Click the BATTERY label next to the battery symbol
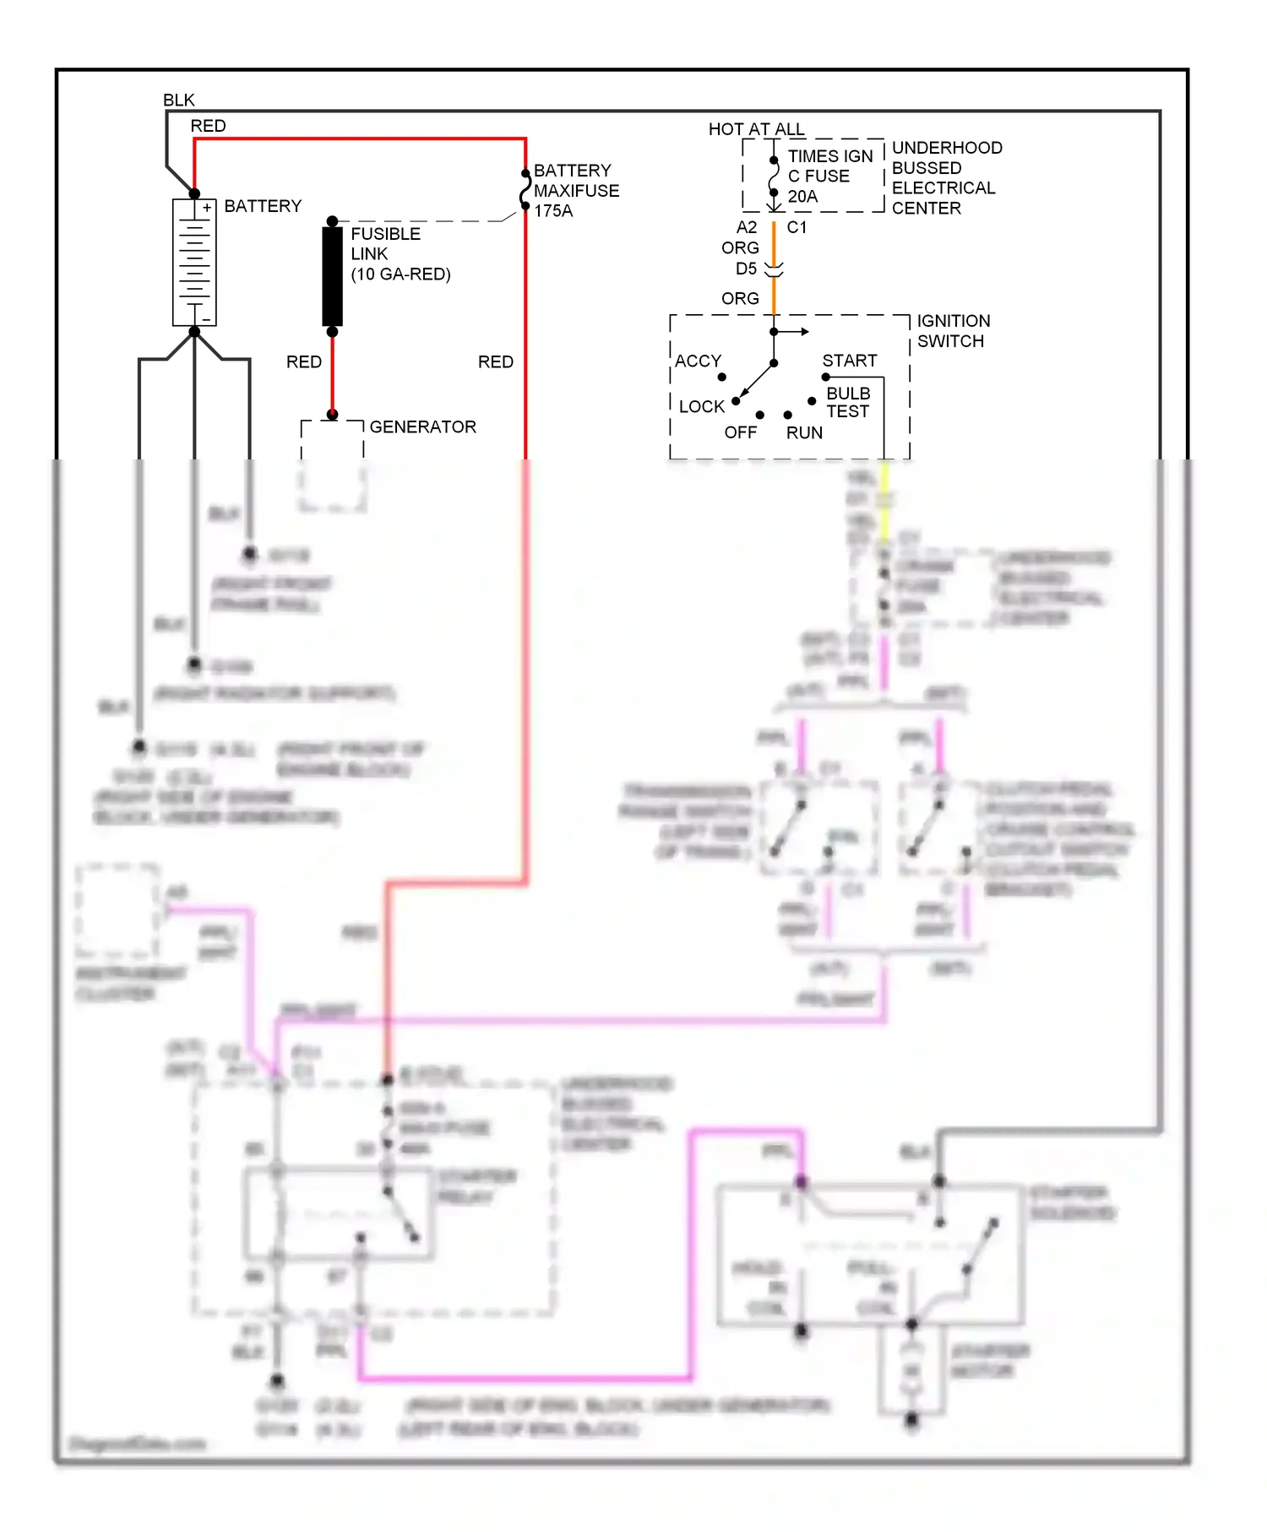(x=262, y=206)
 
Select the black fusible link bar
(x=332, y=275)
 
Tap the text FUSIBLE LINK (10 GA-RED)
(x=400, y=253)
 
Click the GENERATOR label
(x=422, y=426)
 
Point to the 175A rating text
(x=553, y=211)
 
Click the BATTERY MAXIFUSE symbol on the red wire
(x=525, y=190)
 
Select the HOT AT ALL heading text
(x=756, y=129)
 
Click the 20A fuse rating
(x=802, y=197)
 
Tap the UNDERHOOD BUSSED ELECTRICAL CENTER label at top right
(x=946, y=177)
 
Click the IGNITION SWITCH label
(x=953, y=331)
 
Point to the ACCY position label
(x=698, y=361)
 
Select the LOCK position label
(x=701, y=406)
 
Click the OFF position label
(x=740, y=432)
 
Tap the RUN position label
(x=804, y=432)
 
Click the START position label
(x=849, y=361)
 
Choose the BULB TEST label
(x=847, y=402)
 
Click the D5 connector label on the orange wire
(x=746, y=269)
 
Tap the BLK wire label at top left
(x=179, y=101)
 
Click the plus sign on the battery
(x=206, y=207)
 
